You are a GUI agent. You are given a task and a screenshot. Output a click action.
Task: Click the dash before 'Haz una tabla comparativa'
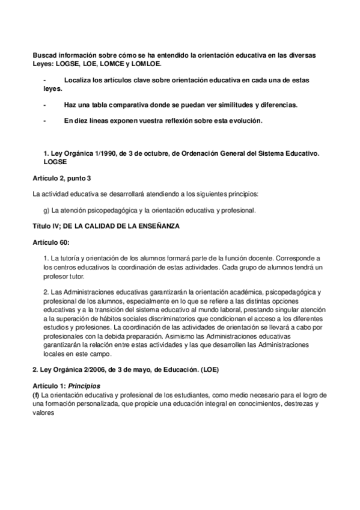[x=44, y=105]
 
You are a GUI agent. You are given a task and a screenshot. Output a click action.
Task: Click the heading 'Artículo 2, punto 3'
[x=61, y=178]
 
